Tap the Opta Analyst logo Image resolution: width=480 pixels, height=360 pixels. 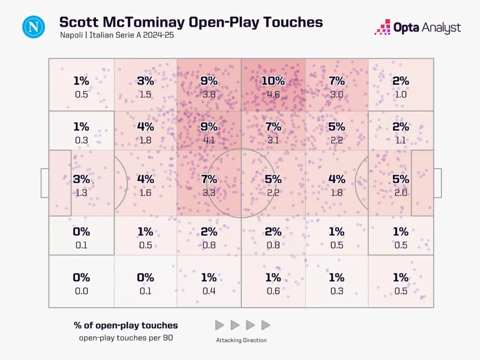click(x=418, y=27)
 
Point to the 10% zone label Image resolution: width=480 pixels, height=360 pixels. click(x=273, y=81)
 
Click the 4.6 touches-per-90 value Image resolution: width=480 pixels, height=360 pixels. click(x=273, y=94)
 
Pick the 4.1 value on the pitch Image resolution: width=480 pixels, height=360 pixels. click(x=209, y=140)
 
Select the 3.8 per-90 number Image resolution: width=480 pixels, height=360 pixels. click(x=209, y=94)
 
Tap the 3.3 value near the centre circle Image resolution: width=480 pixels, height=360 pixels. click(x=209, y=192)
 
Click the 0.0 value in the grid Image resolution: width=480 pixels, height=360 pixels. click(x=81, y=290)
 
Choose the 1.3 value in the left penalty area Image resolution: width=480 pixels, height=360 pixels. click(x=81, y=192)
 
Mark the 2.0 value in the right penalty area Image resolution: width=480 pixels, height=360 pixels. click(x=401, y=192)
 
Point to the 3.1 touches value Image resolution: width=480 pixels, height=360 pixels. click(x=273, y=140)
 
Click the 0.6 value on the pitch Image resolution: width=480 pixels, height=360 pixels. click(x=273, y=290)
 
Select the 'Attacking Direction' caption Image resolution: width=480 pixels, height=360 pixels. click(x=241, y=340)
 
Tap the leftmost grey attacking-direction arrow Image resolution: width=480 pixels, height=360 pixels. click(x=219, y=325)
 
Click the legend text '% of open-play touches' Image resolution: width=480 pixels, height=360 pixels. click(x=126, y=325)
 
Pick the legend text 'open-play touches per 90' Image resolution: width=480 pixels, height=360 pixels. click(x=126, y=337)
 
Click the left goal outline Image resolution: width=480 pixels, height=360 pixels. click(x=45, y=183)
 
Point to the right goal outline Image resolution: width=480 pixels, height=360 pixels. click(x=437, y=183)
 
